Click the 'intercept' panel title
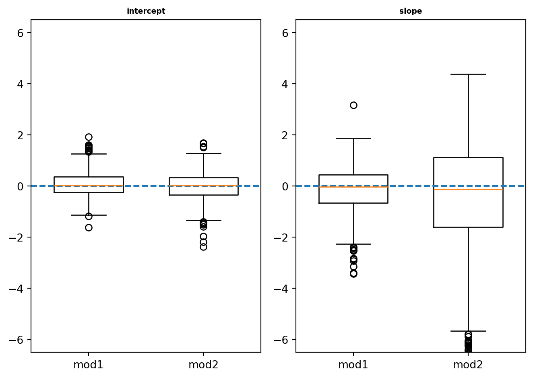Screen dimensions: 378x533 (x=146, y=11)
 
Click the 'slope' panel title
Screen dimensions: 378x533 (x=410, y=11)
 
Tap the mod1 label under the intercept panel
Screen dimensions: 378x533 (x=88, y=365)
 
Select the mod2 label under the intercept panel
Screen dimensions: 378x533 (x=203, y=365)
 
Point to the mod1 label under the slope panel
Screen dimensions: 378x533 (x=353, y=365)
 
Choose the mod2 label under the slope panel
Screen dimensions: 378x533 (x=468, y=365)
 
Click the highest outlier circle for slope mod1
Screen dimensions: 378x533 (x=353, y=105)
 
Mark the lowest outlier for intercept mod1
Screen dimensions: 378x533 (x=89, y=227)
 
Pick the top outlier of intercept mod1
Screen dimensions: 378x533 (x=89, y=137)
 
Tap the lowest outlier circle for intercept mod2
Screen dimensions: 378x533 (x=203, y=247)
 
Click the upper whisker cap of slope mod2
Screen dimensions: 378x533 (x=468, y=74)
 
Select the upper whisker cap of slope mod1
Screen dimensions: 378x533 (x=353, y=138)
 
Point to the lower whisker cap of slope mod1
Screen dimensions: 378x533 (x=353, y=244)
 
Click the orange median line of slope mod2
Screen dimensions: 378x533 (x=468, y=189)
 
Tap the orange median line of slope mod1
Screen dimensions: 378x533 (x=353, y=187)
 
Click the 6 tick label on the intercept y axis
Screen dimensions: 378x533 (x=20, y=33)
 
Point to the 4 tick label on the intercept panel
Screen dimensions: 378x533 (x=20, y=84)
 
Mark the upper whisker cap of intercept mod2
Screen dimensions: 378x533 (x=203, y=153)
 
